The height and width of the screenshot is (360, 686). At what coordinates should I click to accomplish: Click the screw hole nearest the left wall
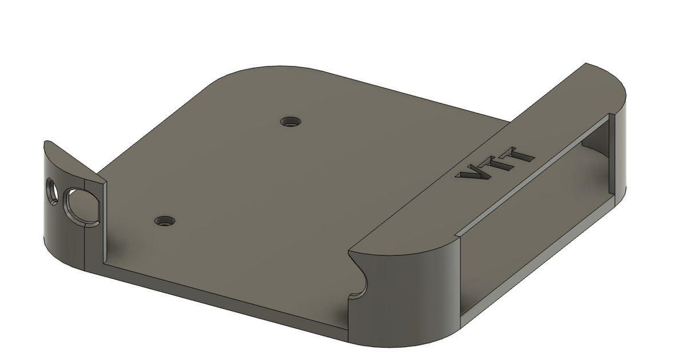pos(165,220)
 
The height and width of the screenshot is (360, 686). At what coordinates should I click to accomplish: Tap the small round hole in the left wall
pos(52,191)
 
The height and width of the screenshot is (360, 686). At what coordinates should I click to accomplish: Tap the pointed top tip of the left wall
pos(46,142)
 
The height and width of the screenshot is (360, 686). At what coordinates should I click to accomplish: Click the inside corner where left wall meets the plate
pos(105,263)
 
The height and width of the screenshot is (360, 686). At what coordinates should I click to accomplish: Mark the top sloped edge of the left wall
pos(74,162)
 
